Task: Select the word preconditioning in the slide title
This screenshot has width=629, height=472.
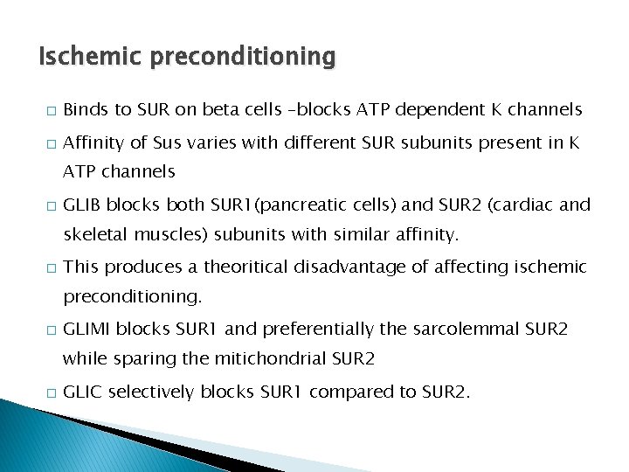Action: click(242, 58)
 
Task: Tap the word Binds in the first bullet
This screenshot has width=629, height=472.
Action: click(85, 109)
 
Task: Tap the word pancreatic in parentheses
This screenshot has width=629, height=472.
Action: click(284, 205)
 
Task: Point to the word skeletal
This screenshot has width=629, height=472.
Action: click(93, 235)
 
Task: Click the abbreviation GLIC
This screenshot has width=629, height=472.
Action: click(83, 392)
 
